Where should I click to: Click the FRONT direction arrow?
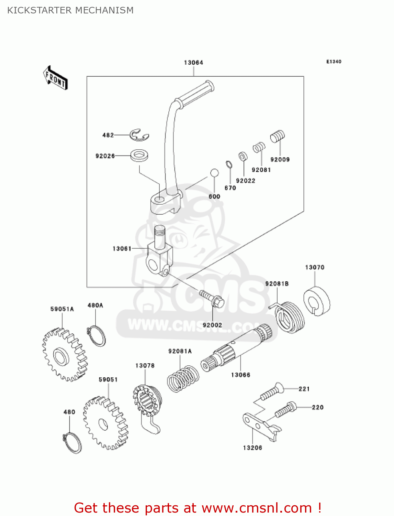(x=55, y=78)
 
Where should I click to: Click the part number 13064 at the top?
(x=193, y=63)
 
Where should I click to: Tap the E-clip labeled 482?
(x=139, y=135)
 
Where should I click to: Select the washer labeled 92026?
(x=139, y=155)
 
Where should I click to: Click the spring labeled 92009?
(x=278, y=136)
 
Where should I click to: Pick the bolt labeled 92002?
(x=212, y=298)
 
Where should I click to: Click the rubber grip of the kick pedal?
(x=196, y=93)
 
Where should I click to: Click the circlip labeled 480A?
(x=97, y=336)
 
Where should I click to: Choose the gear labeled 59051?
(x=105, y=423)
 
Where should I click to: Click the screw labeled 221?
(x=271, y=392)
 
